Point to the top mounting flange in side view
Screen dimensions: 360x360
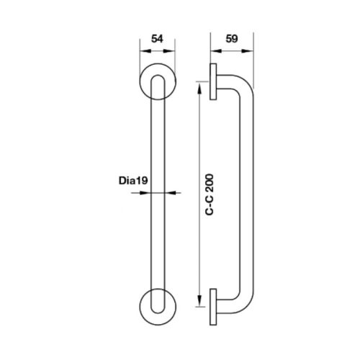coord(215,84)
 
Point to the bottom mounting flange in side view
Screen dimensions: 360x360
coord(215,305)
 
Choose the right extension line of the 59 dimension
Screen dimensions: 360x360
coord(253,65)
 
